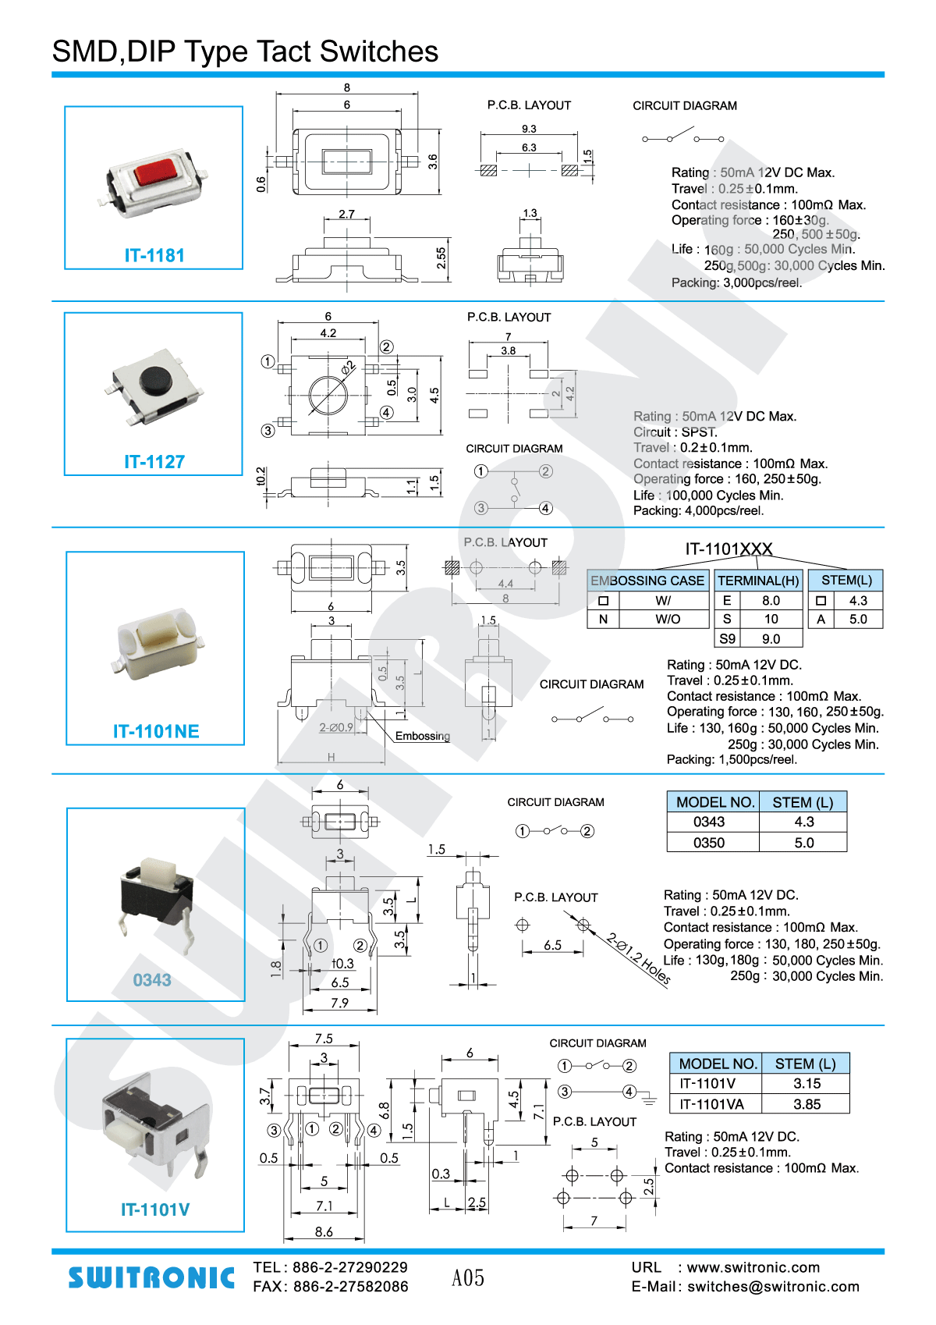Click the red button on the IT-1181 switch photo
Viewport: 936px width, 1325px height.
155,171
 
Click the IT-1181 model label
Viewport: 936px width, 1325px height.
154,255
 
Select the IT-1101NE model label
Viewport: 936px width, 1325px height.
156,731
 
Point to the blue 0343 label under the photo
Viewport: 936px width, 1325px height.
152,980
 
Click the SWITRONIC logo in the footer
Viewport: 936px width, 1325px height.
151,1277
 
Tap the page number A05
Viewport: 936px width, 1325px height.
468,1278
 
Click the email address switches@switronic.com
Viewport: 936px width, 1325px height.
773,1287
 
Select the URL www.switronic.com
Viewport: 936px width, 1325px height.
753,1267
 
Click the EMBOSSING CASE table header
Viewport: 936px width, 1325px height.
647,581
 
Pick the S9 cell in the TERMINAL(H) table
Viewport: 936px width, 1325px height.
727,638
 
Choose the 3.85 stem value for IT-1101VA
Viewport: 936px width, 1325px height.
807,1104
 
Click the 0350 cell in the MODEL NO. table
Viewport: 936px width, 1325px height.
709,843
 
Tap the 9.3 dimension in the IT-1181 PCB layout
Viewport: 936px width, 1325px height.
529,129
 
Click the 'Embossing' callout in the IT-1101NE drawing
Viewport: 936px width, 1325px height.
422,736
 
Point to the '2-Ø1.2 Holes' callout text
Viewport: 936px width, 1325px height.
639,959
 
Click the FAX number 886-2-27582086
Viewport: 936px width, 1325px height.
350,1287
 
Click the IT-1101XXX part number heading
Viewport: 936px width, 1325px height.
729,549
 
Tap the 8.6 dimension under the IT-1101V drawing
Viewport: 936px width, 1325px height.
324,1231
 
